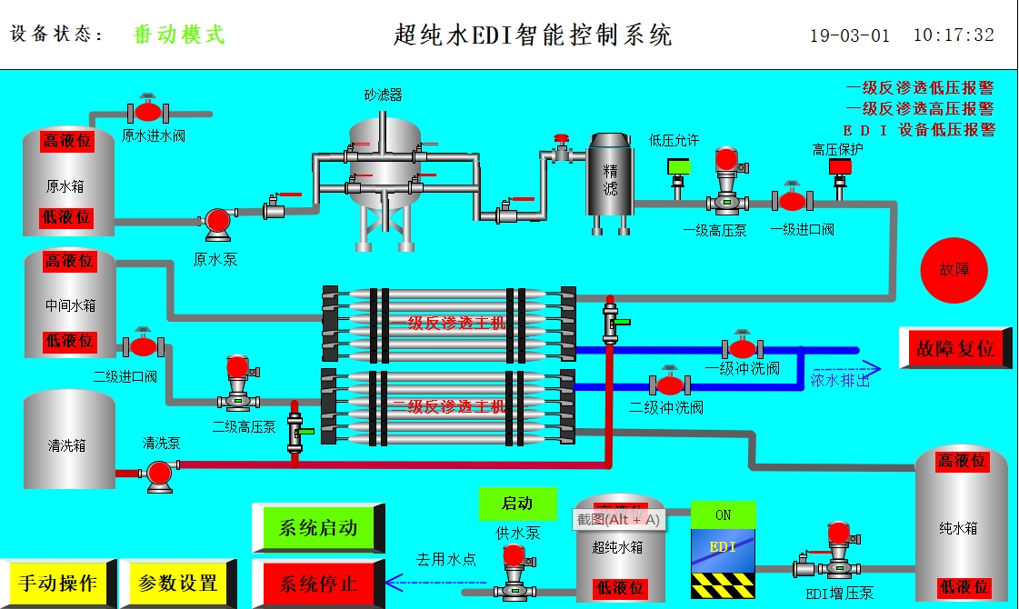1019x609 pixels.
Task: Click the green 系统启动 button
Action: (317, 528)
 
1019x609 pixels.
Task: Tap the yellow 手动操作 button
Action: (58, 583)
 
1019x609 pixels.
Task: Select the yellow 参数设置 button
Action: (177, 583)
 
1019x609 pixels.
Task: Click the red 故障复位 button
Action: (954, 348)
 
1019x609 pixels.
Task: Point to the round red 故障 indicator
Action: (954, 270)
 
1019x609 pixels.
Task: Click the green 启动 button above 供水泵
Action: (516, 504)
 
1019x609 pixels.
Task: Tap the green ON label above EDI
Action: (723, 514)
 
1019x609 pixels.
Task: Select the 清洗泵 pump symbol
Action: (159, 473)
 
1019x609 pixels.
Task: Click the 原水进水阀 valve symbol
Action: (147, 111)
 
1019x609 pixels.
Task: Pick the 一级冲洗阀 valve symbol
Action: (743, 348)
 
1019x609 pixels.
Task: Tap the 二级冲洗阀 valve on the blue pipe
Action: (669, 384)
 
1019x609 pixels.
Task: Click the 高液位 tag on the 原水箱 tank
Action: (68, 141)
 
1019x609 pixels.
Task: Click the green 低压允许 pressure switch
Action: (678, 167)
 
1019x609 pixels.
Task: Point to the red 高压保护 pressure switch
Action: (840, 168)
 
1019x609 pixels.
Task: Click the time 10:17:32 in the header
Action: (953, 35)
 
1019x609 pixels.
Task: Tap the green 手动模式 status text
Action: (179, 35)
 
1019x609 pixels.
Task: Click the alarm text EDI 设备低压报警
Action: (919, 129)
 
